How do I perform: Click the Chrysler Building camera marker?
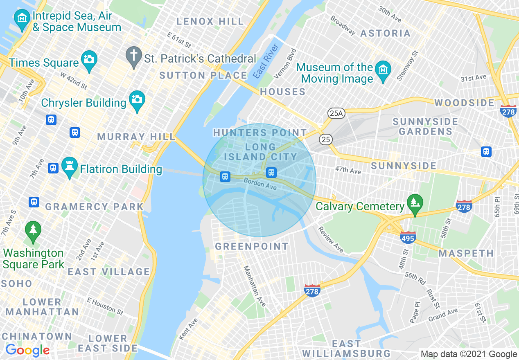(137, 99)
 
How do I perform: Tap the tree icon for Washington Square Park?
(33, 230)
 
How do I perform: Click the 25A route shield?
(336, 113)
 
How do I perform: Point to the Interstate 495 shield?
(408, 237)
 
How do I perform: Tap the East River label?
(266, 61)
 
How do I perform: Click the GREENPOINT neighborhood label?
(252, 246)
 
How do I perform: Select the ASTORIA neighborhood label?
(385, 33)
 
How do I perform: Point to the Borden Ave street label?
(260, 184)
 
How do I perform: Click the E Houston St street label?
(105, 306)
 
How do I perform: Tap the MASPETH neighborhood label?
(466, 254)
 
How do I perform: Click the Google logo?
(27, 351)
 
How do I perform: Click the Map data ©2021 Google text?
(469, 354)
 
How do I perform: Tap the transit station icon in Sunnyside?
(486, 151)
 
